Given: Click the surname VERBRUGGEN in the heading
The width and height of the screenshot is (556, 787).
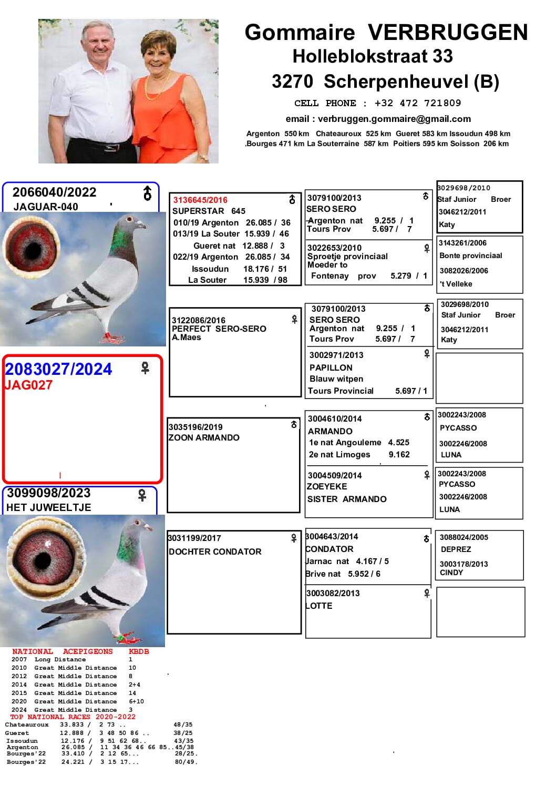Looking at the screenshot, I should (447, 33).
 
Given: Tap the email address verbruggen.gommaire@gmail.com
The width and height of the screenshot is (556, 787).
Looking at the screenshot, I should (394, 119).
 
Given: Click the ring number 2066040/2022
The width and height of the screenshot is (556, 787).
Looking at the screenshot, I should (55, 192).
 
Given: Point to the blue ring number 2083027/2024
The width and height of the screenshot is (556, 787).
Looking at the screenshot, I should (58, 369).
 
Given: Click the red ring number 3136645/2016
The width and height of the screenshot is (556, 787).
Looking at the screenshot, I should (200, 200).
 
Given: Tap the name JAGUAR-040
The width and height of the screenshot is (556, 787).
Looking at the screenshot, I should (46, 207).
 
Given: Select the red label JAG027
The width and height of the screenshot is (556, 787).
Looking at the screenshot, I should (28, 385).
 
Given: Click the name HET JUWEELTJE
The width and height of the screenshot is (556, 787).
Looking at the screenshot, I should (49, 507).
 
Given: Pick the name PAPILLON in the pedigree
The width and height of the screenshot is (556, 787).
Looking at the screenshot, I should (331, 367).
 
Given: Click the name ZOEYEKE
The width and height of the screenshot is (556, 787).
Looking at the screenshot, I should (327, 487).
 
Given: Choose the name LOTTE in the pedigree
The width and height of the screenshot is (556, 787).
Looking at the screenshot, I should (320, 606).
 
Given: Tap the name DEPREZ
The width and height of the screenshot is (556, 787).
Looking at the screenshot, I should (456, 549).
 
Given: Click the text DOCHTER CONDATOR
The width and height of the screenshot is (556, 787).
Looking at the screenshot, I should (215, 551).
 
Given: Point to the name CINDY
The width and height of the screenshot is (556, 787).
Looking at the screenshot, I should (451, 573).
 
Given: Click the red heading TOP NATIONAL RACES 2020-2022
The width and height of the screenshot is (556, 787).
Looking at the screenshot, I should (73, 717).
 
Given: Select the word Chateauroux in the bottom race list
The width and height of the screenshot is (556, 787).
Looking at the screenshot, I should (27, 724).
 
